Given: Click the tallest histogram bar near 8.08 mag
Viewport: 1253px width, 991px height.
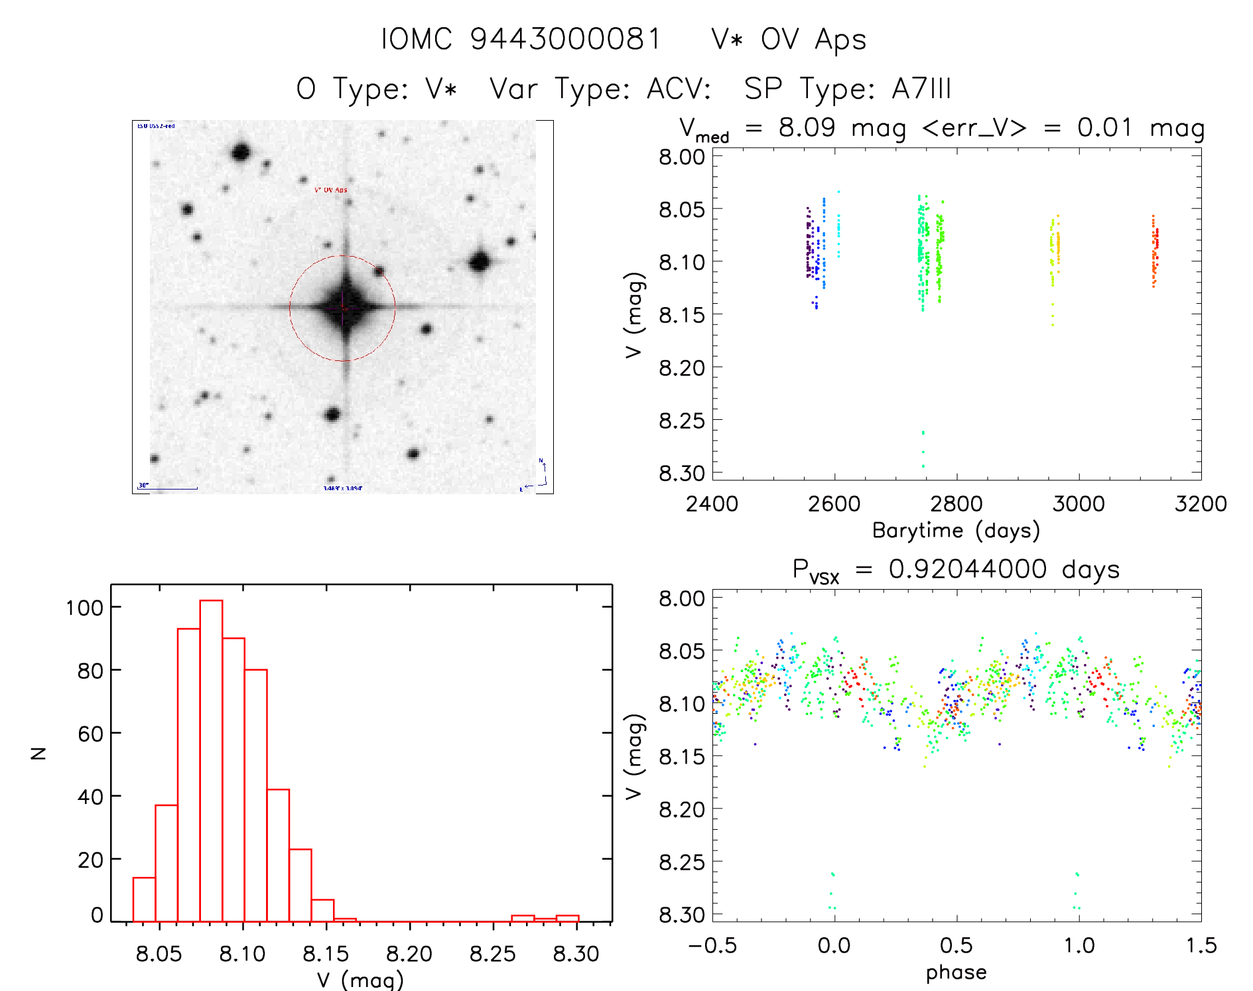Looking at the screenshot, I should point(211,760).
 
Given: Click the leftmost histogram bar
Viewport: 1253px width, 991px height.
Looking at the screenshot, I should point(144,899).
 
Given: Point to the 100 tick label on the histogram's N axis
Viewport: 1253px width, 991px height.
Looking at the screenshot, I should point(84,608).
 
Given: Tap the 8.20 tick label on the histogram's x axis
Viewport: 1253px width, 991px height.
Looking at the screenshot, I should point(409,954).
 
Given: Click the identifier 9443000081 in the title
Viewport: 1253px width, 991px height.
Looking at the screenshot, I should point(565,39).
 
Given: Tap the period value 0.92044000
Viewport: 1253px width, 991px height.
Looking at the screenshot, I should point(968,569).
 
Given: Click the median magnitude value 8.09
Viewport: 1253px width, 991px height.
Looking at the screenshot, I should point(807,127).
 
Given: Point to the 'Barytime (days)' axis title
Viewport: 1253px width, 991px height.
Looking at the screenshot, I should point(956,531).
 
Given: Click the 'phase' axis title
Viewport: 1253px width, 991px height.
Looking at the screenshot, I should point(956,972).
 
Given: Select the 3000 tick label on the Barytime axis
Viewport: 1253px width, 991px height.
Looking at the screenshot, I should point(1079,504).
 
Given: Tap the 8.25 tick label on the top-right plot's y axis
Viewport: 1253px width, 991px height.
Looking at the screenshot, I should point(682,421).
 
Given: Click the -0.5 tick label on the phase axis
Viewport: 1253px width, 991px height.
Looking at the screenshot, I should point(712,946).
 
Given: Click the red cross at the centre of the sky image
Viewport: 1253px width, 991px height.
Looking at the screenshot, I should point(343,307).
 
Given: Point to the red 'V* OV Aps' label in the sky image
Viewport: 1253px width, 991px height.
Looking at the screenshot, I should point(330,190).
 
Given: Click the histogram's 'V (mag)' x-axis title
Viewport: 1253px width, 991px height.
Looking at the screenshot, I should point(360,980).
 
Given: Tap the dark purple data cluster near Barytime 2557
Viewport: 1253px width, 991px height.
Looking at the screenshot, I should point(809,245).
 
